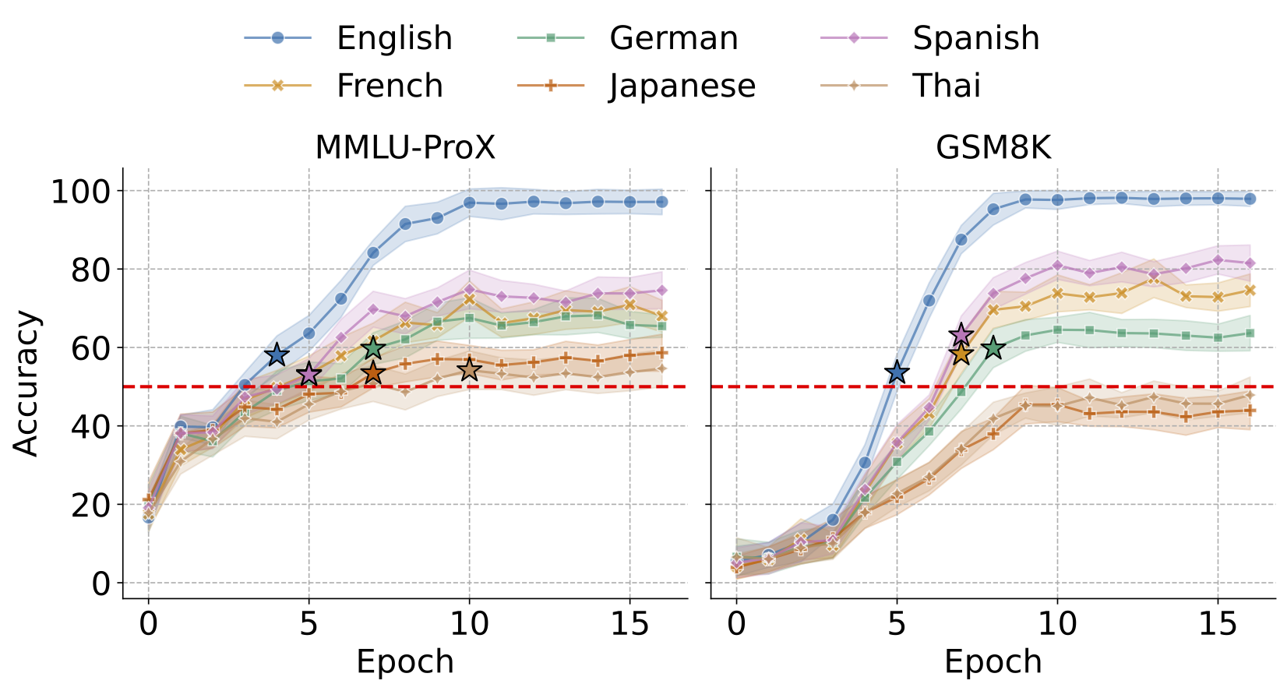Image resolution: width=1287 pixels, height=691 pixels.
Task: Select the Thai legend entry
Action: pyautogui.click(x=946, y=86)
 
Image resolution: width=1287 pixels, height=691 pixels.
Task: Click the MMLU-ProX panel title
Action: pyautogui.click(x=405, y=147)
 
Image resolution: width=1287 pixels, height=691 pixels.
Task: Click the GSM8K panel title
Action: pyautogui.click(x=993, y=147)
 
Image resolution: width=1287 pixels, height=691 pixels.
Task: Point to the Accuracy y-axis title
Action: pyautogui.click(x=26, y=383)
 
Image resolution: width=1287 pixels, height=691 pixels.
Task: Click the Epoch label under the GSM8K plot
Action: pyautogui.click(x=993, y=662)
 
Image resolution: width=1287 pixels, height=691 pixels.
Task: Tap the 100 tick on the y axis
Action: pyautogui.click(x=81, y=192)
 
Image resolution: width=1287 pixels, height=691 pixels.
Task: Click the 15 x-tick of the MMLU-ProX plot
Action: pyautogui.click(x=629, y=624)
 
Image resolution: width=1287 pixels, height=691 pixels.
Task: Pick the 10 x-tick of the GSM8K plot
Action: pyautogui.click(x=1057, y=624)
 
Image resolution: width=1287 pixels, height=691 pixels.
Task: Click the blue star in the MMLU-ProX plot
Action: pyautogui.click(x=277, y=355)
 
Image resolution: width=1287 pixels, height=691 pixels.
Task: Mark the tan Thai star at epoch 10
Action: pyautogui.click(x=469, y=370)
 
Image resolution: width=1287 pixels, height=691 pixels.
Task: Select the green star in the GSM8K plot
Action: pyautogui.click(x=993, y=348)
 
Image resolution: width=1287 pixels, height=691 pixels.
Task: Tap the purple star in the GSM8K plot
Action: pyautogui.click(x=961, y=335)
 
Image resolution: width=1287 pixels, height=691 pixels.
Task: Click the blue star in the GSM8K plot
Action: pyautogui.click(x=897, y=372)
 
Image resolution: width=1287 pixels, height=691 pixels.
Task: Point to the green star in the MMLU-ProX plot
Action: pyautogui.click(x=373, y=347)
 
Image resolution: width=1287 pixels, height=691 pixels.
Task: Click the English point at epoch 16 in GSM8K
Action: pyautogui.click(x=1250, y=199)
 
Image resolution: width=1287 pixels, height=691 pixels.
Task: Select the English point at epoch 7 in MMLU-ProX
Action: pyautogui.click(x=373, y=252)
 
